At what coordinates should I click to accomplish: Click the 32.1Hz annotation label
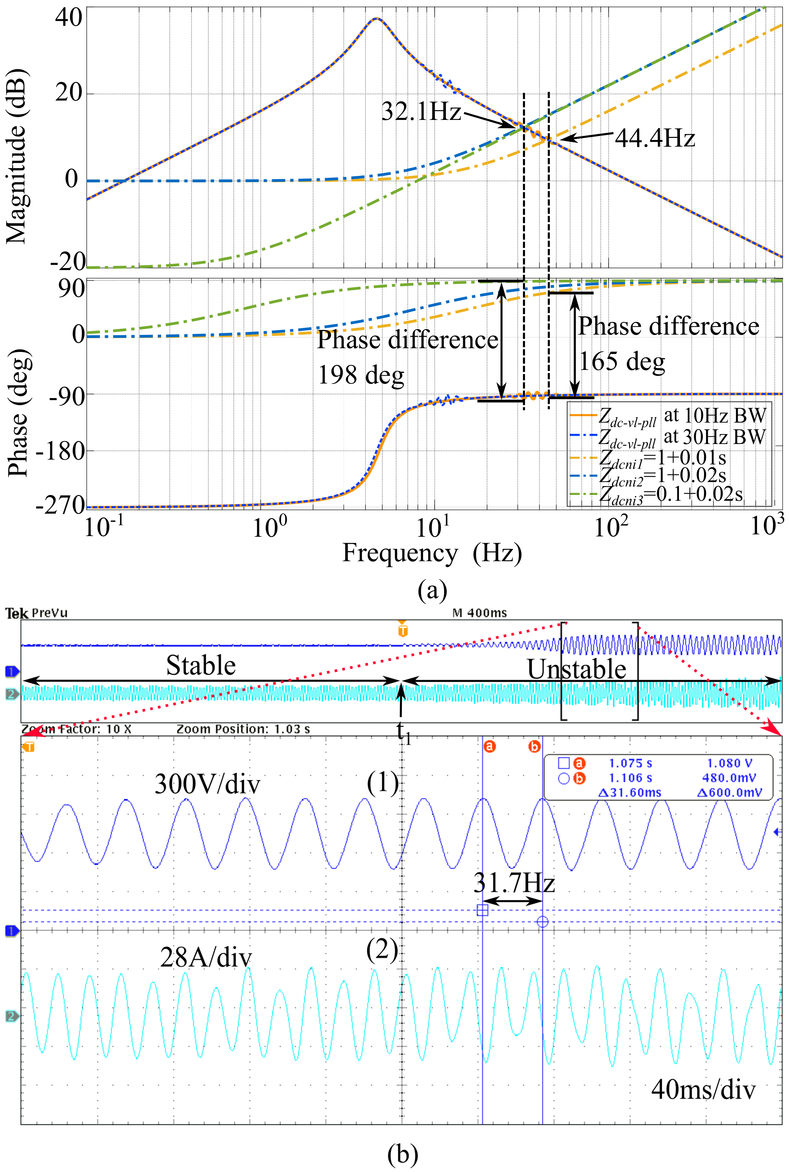tap(421, 111)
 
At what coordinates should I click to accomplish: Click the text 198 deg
tap(361, 375)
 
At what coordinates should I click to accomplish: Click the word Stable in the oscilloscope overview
tap(201, 665)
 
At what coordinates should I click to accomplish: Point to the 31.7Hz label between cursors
tap(514, 883)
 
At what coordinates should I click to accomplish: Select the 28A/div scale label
tap(206, 957)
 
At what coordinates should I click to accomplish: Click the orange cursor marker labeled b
tap(534, 746)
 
